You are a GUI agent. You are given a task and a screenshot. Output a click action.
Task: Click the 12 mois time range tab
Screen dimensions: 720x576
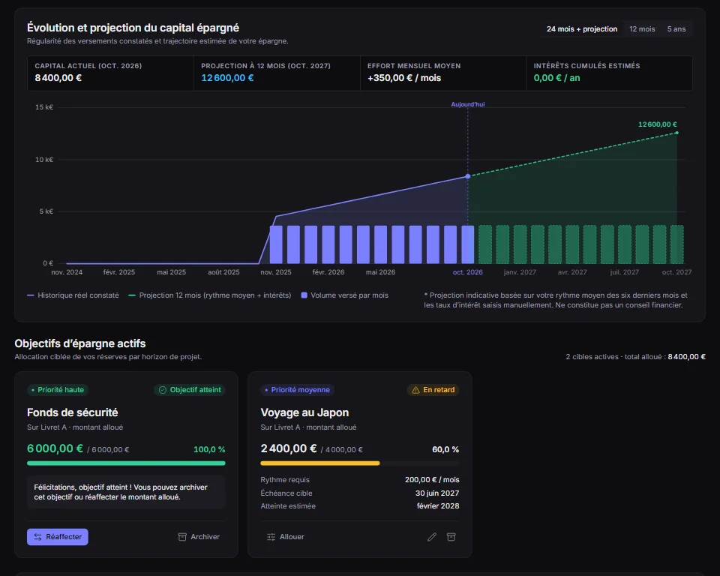[642, 29]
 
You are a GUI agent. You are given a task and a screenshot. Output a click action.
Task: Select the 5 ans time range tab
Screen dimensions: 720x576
[676, 29]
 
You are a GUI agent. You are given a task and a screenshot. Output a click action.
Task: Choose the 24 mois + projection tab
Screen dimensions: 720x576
[582, 29]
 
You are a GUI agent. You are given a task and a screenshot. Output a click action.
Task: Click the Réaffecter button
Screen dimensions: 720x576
[58, 536]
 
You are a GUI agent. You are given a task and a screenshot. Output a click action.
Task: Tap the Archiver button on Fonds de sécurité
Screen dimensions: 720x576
[199, 536]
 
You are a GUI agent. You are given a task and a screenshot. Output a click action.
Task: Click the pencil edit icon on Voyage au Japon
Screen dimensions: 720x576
[432, 536]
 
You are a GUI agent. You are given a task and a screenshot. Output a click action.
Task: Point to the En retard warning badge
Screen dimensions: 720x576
[433, 389]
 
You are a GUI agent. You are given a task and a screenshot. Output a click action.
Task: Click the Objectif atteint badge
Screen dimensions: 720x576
[190, 389]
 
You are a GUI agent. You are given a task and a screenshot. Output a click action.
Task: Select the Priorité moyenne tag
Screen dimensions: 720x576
[297, 389]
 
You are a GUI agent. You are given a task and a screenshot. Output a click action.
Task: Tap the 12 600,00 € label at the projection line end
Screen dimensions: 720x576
[657, 124]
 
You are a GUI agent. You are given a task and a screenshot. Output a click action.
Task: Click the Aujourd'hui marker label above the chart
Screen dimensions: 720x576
[467, 104]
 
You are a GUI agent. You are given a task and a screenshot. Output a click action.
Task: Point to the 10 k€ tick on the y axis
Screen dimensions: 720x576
[44, 160]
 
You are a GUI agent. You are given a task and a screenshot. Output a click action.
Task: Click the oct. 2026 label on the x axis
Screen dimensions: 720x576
[467, 272]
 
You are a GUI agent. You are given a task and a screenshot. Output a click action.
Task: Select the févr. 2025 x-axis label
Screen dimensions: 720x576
[119, 272]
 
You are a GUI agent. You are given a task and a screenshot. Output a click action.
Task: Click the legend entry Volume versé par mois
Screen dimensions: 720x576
[344, 295]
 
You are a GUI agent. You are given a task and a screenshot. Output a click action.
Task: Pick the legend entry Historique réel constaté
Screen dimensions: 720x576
[73, 295]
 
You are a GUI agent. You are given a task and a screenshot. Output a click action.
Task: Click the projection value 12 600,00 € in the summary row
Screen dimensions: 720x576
[227, 78]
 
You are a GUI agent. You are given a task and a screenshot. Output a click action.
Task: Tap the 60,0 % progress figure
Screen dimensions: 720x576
[445, 449]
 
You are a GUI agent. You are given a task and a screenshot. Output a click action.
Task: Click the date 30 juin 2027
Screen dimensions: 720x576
[437, 493]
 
